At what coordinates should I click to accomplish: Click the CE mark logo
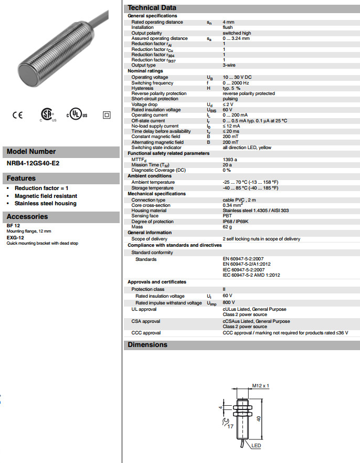[x=17, y=115]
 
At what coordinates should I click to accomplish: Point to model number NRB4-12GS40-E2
[x=33, y=163]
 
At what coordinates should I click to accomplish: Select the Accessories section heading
[x=27, y=216]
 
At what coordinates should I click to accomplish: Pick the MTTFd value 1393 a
[x=230, y=159]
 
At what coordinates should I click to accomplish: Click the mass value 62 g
[x=228, y=227]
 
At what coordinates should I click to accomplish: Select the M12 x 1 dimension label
[x=260, y=386]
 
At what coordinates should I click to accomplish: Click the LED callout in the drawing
[x=256, y=446]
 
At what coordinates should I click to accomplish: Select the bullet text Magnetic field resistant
[x=46, y=196]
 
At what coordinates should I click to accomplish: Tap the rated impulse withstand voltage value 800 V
[x=229, y=303]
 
